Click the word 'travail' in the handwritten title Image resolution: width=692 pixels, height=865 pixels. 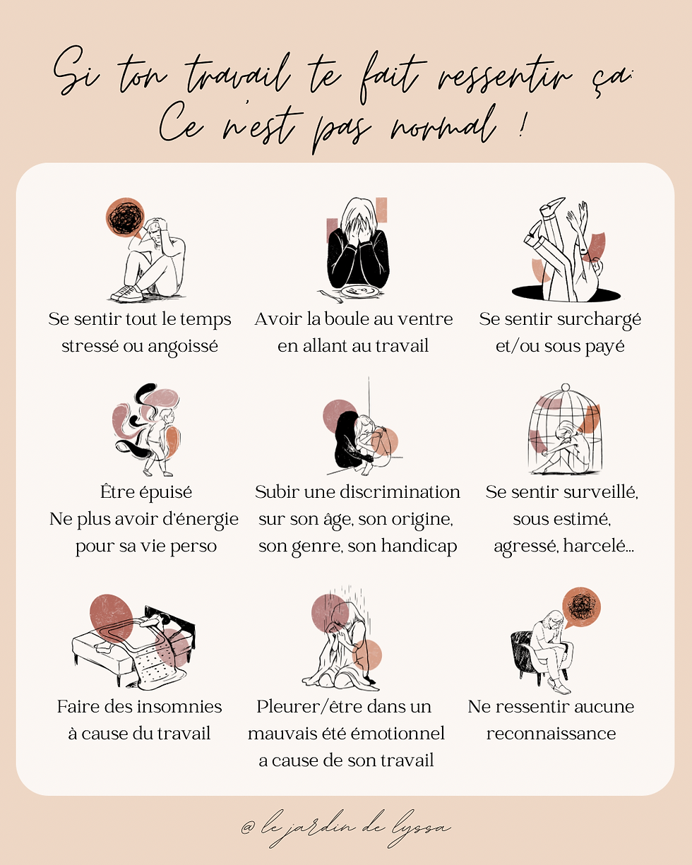click(x=237, y=76)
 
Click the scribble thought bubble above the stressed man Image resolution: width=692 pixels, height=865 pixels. click(x=125, y=217)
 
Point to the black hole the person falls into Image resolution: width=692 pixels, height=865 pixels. click(x=566, y=294)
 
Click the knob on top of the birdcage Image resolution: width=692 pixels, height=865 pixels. click(x=566, y=388)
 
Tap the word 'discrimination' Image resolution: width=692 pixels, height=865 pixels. click(x=402, y=492)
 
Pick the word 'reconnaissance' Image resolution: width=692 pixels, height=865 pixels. click(x=551, y=734)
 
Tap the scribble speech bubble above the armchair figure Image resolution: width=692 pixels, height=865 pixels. click(x=581, y=607)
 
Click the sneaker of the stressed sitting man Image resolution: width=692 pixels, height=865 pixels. click(x=127, y=294)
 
